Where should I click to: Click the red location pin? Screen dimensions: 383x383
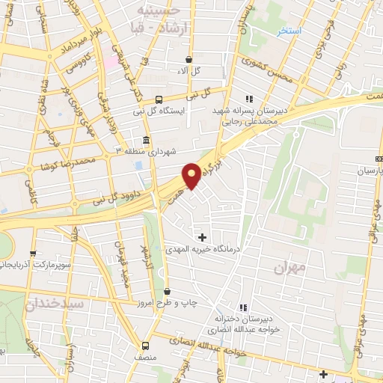coord(191,174)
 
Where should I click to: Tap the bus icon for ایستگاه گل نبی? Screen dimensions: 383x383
coord(159,99)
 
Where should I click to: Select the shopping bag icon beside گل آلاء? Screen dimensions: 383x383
coord(189,58)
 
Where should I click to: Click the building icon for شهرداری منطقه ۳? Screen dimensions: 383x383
coord(145,141)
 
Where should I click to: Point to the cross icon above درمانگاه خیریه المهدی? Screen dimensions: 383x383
coord(201,237)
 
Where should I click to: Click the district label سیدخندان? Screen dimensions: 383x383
coord(56,304)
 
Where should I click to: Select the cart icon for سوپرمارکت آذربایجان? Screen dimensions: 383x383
coord(34,254)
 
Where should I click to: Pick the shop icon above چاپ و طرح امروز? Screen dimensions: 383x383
coord(166,291)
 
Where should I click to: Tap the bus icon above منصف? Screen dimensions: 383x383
coord(146,346)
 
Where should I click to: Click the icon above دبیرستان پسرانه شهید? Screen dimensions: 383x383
coord(249,98)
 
